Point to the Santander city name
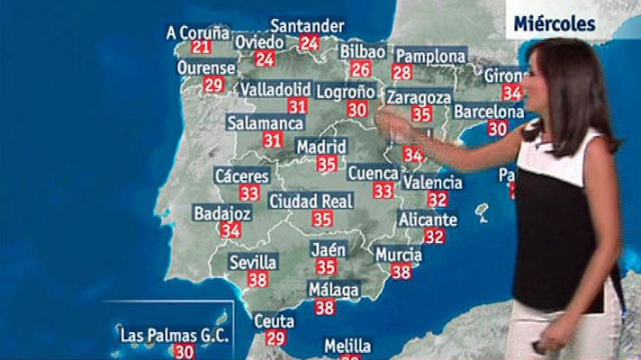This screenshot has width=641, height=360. [x=307, y=25]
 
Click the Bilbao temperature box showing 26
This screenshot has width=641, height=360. [x=361, y=69]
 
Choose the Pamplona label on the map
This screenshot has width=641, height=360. [x=429, y=56]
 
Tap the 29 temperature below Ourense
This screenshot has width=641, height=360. [x=213, y=85]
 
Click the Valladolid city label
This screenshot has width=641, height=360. [x=275, y=89]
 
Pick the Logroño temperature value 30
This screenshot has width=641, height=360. [x=357, y=109]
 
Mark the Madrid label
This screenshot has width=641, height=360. [x=321, y=146]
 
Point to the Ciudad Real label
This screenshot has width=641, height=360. [x=311, y=200]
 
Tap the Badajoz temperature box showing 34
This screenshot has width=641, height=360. [x=230, y=230]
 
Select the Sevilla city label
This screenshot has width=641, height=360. [x=252, y=262]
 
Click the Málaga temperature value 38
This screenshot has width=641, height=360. [x=324, y=307]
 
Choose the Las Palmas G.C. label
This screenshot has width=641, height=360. [x=175, y=336]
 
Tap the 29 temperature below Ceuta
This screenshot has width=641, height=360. [x=275, y=337]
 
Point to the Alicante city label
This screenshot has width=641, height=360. [x=428, y=220]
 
